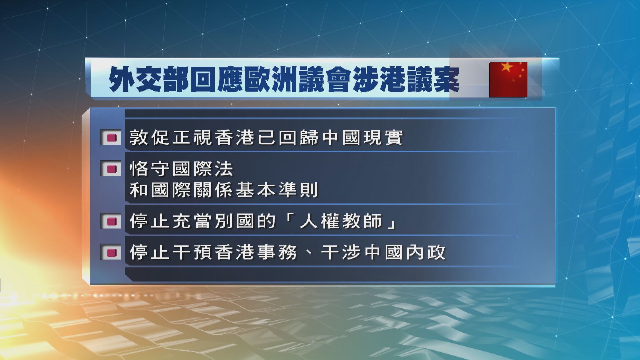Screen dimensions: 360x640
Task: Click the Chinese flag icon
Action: (508, 79)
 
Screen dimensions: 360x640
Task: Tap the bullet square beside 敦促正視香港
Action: (111, 138)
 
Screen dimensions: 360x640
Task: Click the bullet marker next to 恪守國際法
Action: (111, 169)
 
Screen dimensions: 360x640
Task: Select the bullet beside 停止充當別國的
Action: (111, 221)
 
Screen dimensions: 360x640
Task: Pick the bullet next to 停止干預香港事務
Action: (111, 252)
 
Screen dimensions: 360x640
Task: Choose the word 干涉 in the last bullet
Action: (341, 252)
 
